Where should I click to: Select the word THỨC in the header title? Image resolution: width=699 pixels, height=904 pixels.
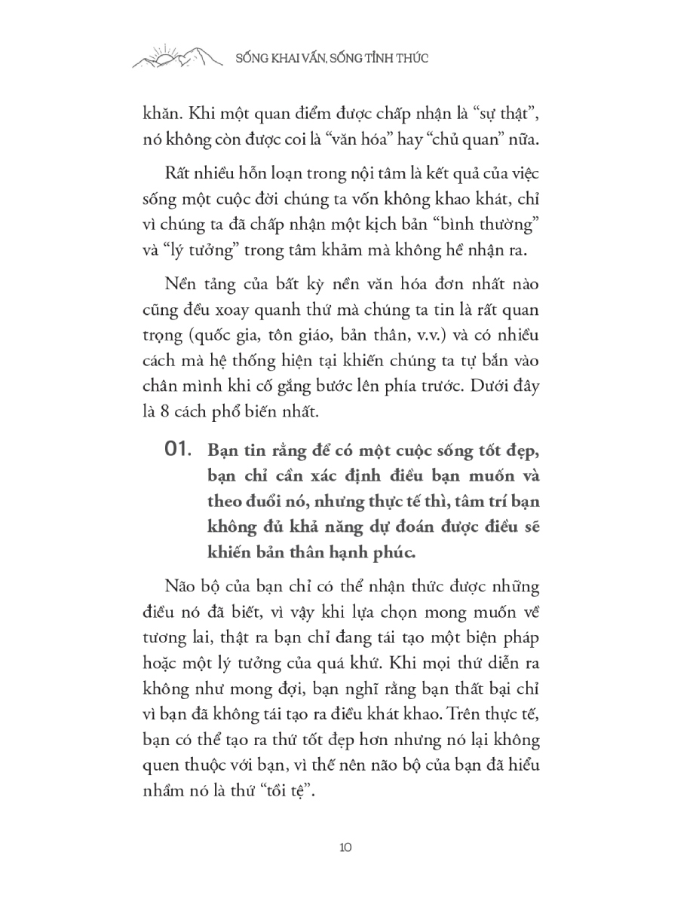[408, 59]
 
